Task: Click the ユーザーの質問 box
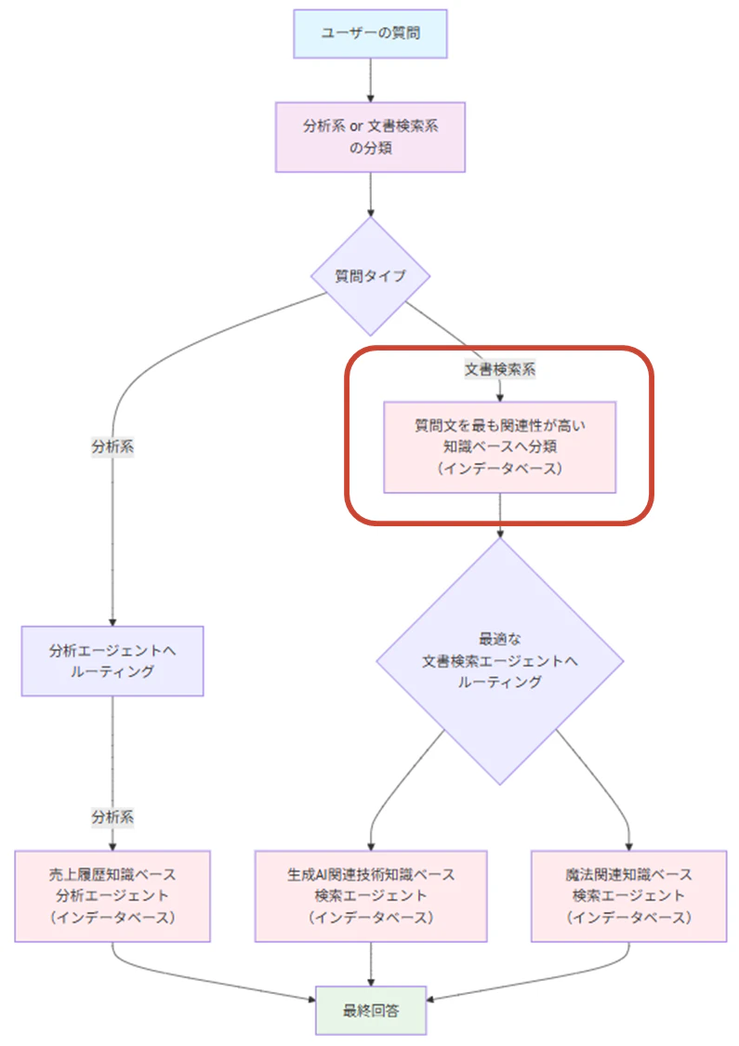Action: pyautogui.click(x=370, y=33)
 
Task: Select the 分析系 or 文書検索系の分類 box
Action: pyautogui.click(x=370, y=137)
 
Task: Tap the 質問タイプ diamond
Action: pyautogui.click(x=370, y=275)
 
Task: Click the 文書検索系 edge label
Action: pyautogui.click(x=499, y=369)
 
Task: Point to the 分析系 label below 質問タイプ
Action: pyautogui.click(x=112, y=446)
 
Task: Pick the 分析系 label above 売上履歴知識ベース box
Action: pyautogui.click(x=112, y=816)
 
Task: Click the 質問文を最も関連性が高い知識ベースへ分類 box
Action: pyautogui.click(x=499, y=447)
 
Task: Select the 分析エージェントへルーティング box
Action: pyautogui.click(x=112, y=661)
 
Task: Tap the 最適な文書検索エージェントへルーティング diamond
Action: pyautogui.click(x=499, y=661)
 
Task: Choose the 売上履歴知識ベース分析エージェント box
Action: pyautogui.click(x=112, y=896)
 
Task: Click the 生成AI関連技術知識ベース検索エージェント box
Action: pyautogui.click(x=371, y=896)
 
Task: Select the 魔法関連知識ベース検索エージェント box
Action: pyautogui.click(x=629, y=896)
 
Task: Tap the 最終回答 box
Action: pyautogui.click(x=371, y=1011)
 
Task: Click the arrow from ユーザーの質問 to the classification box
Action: pyautogui.click(x=370, y=80)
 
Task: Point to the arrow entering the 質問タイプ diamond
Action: pyautogui.click(x=370, y=195)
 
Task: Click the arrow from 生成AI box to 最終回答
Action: pyautogui.click(x=371, y=964)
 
